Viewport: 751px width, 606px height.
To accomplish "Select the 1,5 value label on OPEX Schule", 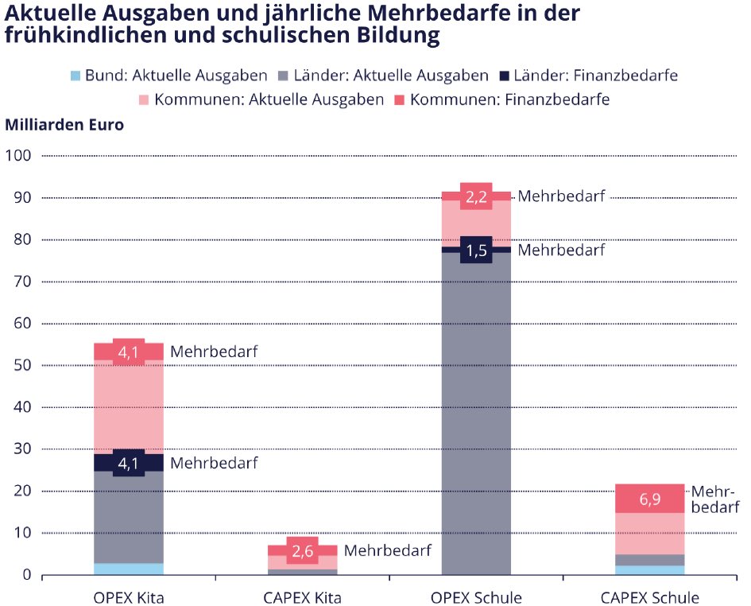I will pos(476,251).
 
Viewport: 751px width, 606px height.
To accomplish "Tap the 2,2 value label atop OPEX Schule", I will pos(476,197).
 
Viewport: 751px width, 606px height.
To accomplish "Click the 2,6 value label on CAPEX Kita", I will pos(302,550).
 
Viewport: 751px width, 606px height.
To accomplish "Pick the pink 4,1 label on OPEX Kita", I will pos(129,351).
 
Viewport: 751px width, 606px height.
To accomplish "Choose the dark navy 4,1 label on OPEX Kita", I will pos(129,463).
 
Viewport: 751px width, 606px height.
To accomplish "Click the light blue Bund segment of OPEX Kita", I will pos(129,569).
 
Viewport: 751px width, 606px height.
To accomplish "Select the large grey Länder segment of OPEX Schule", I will pos(476,414).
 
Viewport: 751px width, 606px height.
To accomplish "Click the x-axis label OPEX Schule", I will pos(476,597).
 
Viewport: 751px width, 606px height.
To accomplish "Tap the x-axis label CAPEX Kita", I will pos(302,597).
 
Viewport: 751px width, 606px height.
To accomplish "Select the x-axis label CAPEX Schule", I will pos(649,597).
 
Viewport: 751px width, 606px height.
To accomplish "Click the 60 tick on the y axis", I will pos(21,324).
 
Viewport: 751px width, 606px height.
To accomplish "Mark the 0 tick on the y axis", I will pos(25,575).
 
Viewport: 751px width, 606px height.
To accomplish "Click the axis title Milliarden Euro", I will pos(64,125).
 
